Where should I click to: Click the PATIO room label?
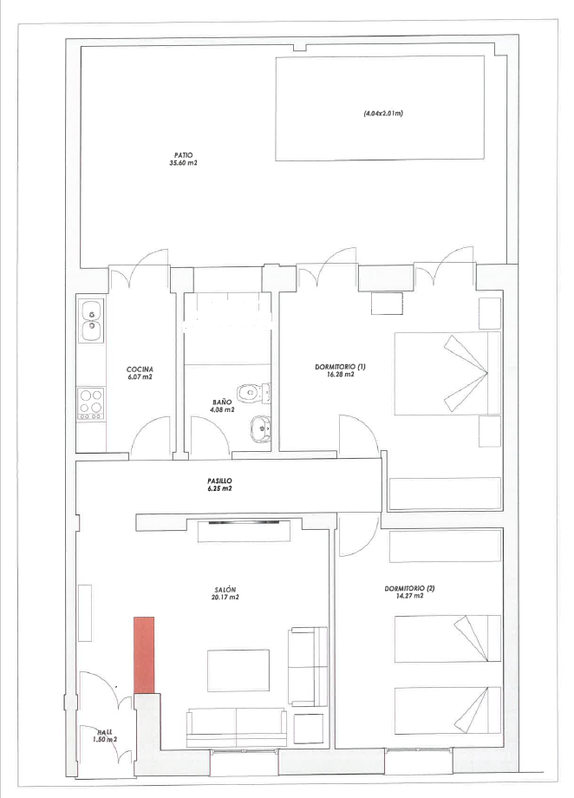point(183,155)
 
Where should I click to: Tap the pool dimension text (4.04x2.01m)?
point(383,114)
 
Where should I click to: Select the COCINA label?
point(140,370)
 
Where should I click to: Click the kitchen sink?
point(92,320)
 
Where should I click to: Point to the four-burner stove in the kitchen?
point(91,403)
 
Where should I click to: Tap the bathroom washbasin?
point(260,428)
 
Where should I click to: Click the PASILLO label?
point(220,481)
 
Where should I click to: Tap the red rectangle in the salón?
point(144,655)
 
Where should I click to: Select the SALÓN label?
point(226,591)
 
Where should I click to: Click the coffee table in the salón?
point(238,670)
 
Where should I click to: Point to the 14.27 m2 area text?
point(409,596)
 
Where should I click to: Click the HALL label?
point(105,732)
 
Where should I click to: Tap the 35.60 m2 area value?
point(183,163)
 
